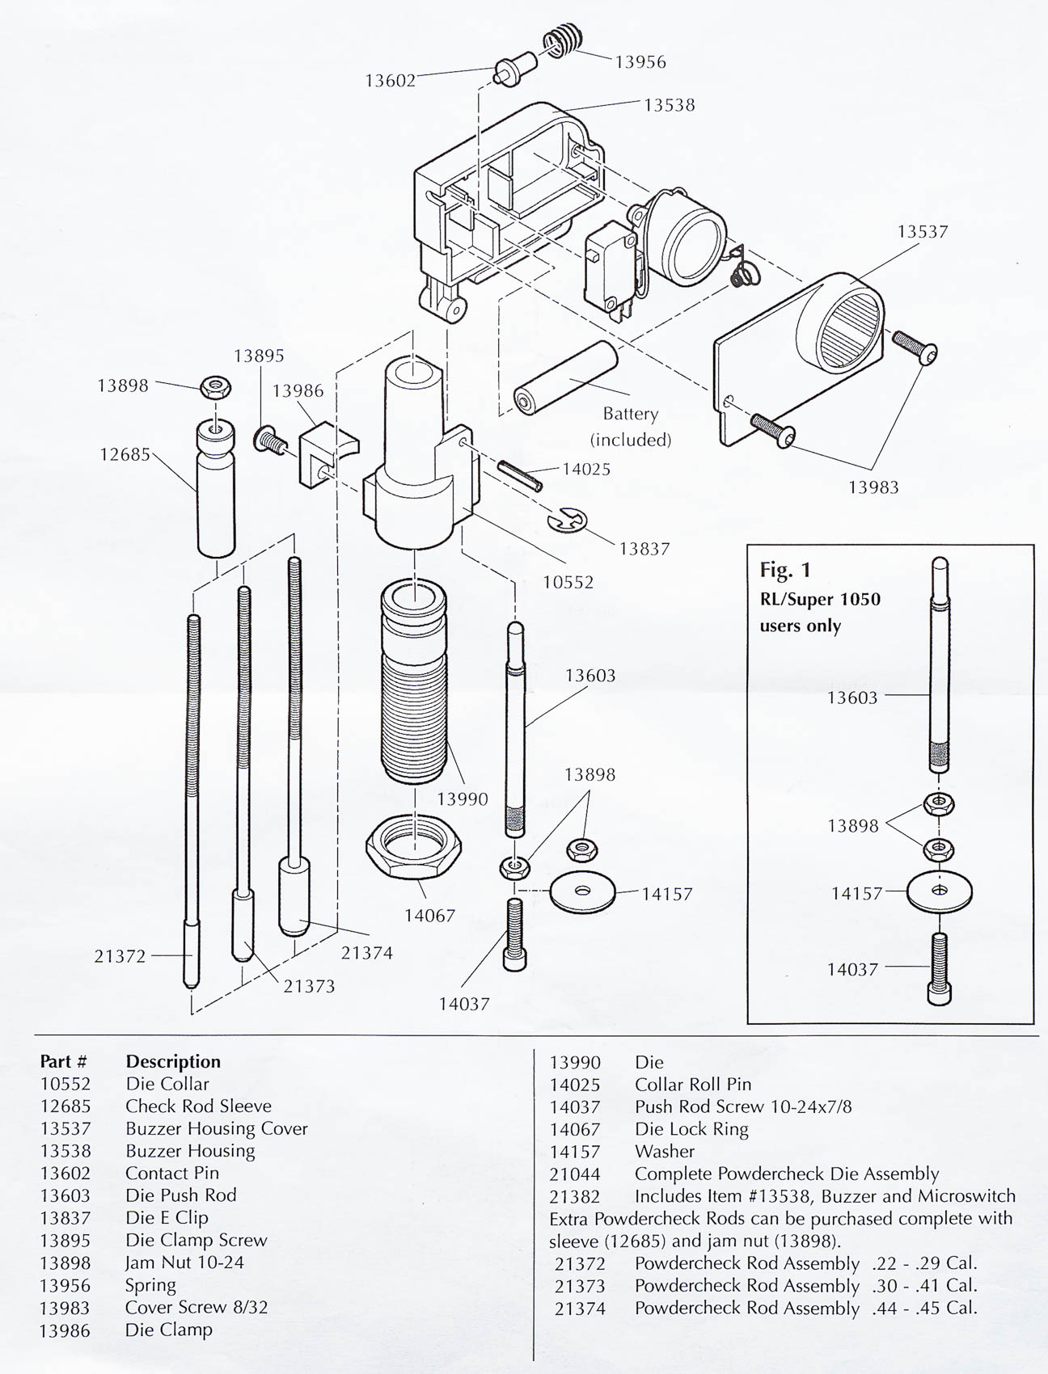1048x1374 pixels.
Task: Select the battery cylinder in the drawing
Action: coord(565,378)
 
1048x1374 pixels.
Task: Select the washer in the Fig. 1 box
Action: coord(939,891)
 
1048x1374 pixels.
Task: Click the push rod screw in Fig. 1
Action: coord(939,969)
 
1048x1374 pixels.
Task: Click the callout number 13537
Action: coord(922,232)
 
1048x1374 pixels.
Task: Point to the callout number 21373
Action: coord(309,986)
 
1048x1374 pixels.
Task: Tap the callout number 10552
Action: coord(568,582)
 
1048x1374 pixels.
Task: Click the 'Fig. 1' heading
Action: coord(784,570)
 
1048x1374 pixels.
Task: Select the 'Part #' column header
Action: coord(63,1061)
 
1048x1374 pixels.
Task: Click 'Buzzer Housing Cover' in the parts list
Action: coord(216,1128)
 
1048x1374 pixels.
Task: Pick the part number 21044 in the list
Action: coord(575,1174)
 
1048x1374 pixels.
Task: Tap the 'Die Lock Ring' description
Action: coord(691,1129)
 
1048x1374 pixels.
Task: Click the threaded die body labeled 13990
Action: coord(413,695)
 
